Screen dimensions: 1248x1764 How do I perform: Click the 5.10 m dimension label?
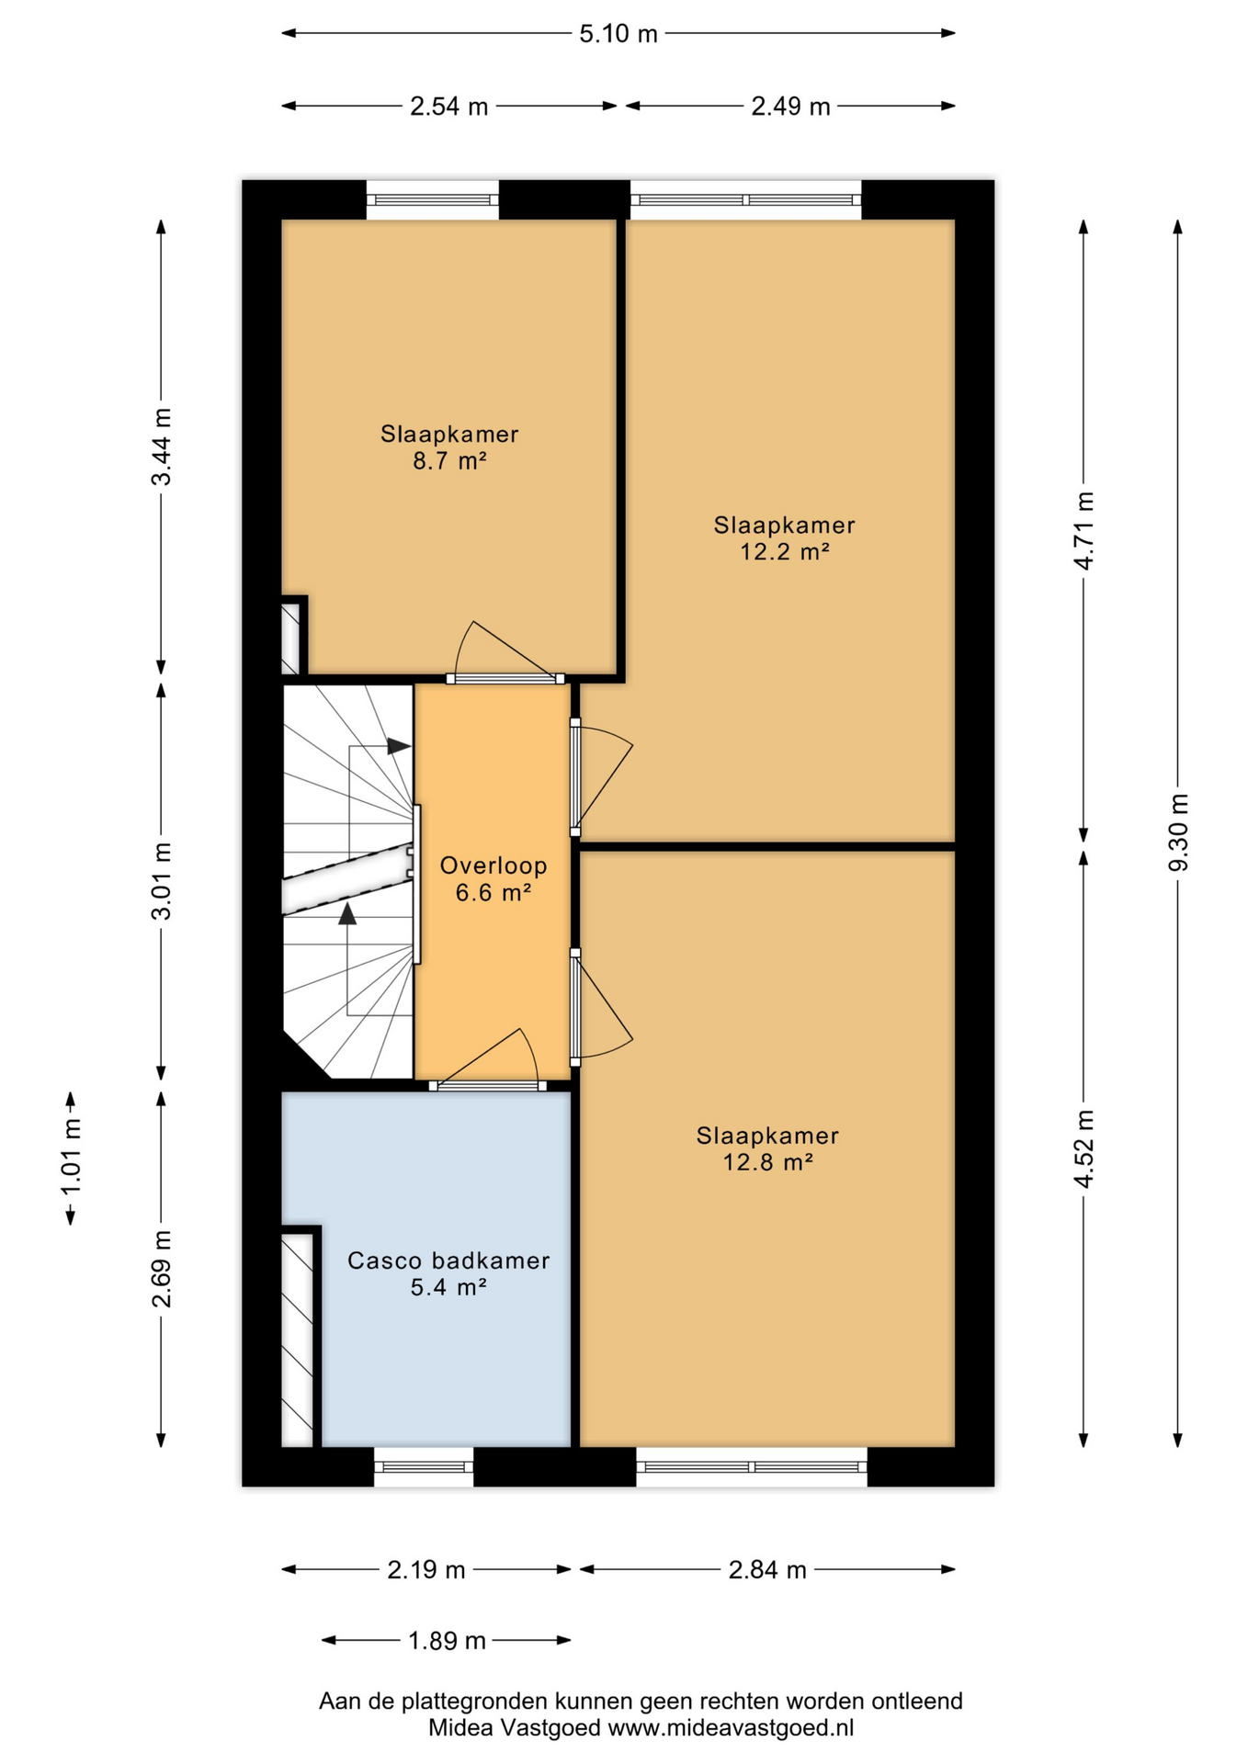(618, 34)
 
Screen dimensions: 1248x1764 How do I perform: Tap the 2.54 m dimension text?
(448, 107)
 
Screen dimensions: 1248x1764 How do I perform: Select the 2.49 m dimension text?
(790, 107)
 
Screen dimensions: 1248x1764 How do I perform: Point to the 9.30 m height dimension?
(1178, 832)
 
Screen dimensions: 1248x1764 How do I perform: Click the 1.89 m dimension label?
(447, 1640)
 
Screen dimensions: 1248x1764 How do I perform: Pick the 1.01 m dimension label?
(71, 1157)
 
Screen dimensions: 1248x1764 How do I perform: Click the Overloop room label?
(494, 865)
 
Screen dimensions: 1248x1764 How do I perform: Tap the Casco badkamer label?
(448, 1261)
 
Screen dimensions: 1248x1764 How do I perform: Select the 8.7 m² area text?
(448, 460)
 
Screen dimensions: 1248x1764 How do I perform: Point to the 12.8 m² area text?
(767, 1162)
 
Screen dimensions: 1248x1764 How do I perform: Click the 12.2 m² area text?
(785, 551)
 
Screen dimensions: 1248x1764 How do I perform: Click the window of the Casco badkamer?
(424, 1466)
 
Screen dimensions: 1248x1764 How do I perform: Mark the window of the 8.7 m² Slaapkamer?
(433, 199)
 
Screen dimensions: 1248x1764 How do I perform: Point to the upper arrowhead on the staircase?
(399, 746)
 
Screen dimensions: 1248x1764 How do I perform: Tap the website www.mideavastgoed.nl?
(731, 1727)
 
